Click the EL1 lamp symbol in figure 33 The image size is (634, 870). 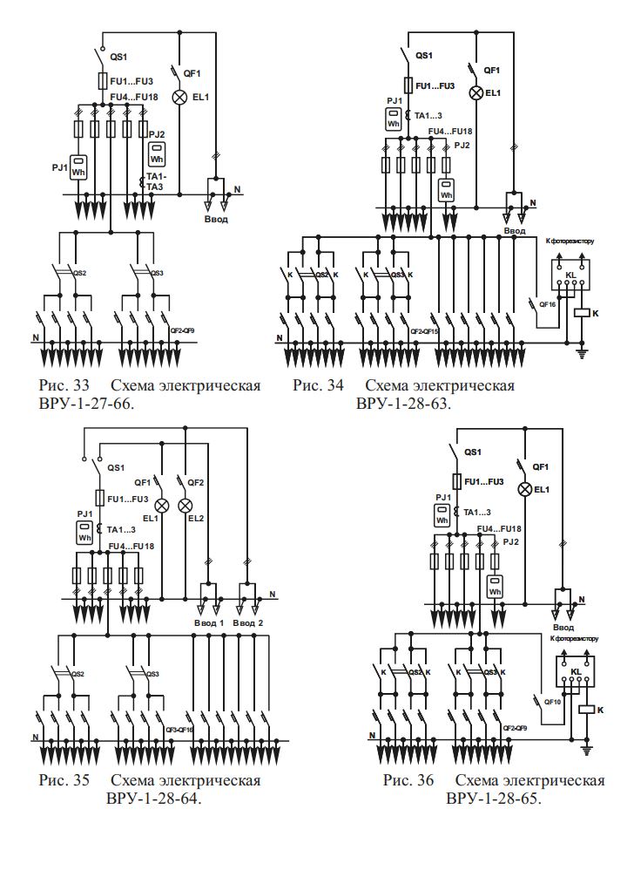point(179,97)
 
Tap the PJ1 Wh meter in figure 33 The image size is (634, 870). point(79,167)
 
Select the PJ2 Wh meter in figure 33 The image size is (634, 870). point(157,155)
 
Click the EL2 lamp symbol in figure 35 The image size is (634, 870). point(185,506)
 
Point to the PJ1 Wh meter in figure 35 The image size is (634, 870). point(84,533)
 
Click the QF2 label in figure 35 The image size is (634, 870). point(195,482)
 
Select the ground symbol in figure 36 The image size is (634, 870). point(588,749)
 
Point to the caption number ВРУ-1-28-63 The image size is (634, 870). point(407,404)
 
